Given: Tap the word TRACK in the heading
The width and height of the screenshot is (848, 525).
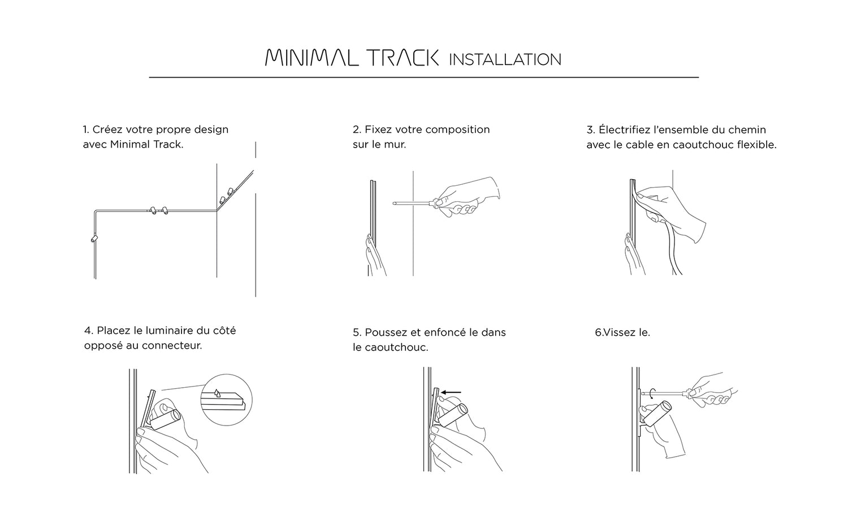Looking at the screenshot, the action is coord(404,58).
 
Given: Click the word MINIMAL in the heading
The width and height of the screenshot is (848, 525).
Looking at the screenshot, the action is coord(311,58).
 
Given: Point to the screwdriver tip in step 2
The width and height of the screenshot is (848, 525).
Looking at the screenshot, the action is coord(394,203).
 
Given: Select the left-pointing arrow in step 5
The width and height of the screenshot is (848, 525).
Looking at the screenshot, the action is coord(451,393).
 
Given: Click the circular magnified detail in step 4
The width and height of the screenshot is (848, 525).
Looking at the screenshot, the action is coord(226,400).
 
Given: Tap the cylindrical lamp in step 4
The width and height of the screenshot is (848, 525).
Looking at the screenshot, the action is coord(166,419).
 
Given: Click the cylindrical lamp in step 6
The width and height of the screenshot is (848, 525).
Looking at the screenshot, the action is coord(659,414).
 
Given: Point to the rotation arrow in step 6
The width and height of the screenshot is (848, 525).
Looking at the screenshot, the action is coord(651,394).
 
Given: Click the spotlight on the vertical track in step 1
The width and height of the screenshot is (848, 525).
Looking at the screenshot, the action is coord(94,238).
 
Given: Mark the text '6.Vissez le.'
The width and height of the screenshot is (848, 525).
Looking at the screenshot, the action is coord(622,332).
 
